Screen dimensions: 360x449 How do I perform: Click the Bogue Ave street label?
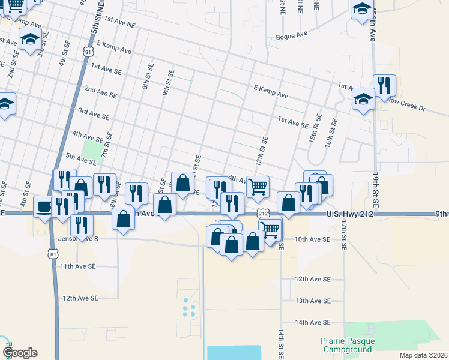click(x=291, y=37)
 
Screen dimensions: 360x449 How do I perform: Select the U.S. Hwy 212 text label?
click(x=352, y=214)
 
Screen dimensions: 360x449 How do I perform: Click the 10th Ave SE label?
click(x=312, y=239)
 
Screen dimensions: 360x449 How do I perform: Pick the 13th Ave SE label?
click(x=312, y=301)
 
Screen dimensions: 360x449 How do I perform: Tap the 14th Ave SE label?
click(x=312, y=322)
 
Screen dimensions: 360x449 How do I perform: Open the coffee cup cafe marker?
click(x=44, y=206)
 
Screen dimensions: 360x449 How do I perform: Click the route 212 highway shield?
click(x=262, y=214)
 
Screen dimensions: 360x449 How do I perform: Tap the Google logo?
click(x=20, y=353)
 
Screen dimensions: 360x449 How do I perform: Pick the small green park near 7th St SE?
click(x=92, y=148)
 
